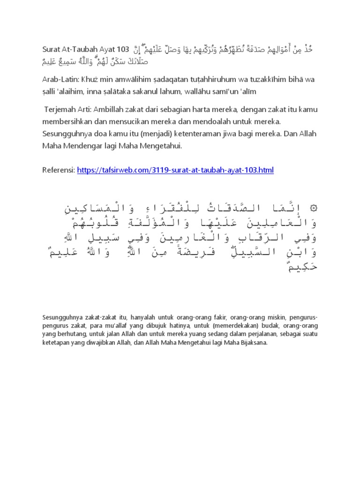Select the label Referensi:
[59, 170]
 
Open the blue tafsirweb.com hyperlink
[175, 170]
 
